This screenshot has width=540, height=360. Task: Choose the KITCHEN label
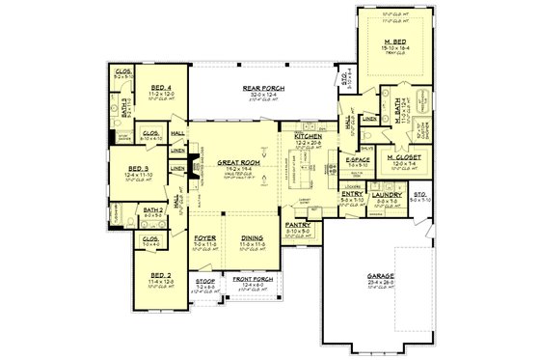pyautogui.click(x=310, y=136)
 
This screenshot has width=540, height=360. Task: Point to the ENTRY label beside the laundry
pyautogui.click(x=352, y=193)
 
